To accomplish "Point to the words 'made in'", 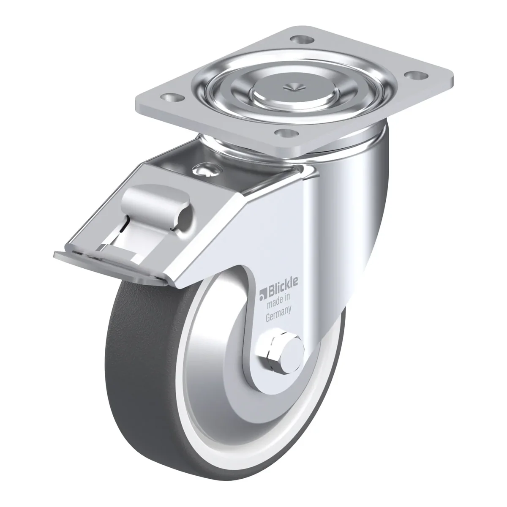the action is (x=278, y=302).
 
